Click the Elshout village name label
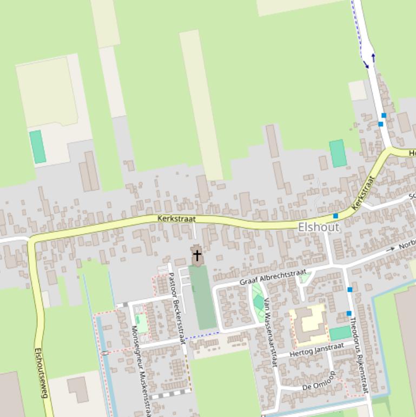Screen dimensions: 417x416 319,227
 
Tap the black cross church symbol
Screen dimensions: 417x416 197,255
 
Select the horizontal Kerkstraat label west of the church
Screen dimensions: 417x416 176,219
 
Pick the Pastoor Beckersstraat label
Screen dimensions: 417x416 176,303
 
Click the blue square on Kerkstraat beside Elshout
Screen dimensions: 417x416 335,216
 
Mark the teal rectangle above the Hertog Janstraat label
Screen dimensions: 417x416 340,333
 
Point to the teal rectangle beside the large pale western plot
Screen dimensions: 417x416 37,147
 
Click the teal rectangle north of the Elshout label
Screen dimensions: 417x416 338,153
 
